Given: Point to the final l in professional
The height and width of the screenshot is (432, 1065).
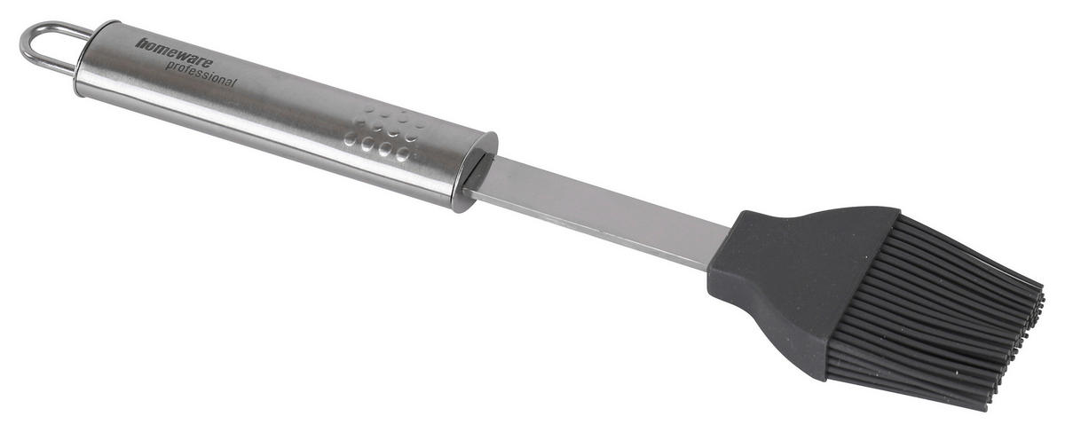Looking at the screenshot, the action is point(234,82).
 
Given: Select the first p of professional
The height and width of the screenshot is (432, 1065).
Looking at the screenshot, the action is point(170,66).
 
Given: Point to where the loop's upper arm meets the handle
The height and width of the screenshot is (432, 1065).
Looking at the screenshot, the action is point(88,35).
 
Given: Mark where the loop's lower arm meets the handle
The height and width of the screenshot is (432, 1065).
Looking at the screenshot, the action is point(72,70).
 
